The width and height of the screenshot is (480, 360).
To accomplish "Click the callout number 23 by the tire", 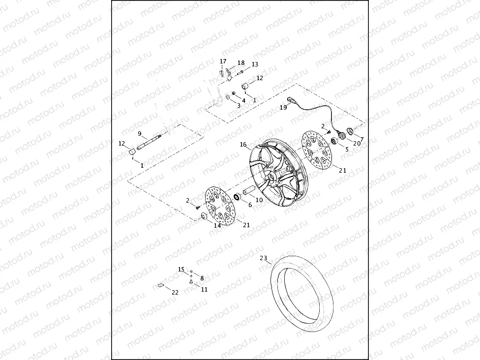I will [263, 258].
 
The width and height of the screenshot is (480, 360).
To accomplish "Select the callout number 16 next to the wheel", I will [243, 145].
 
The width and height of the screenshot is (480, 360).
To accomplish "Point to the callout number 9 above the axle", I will [140, 134].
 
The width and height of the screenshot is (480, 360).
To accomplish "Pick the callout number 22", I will [175, 292].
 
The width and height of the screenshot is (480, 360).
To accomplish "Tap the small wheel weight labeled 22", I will [161, 284].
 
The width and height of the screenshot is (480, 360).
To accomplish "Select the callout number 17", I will [223, 61].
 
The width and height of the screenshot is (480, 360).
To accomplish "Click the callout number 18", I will [241, 63].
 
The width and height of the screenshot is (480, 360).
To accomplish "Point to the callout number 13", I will [255, 64].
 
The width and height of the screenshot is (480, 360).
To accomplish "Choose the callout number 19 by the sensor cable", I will [283, 107].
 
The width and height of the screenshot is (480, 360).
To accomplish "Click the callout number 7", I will [362, 139].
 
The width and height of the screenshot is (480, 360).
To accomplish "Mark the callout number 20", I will [357, 143].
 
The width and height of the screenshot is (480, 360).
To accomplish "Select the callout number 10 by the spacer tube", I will [259, 200].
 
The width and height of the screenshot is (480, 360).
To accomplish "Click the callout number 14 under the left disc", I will [217, 226].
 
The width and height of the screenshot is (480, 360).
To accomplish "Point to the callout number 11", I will [204, 290].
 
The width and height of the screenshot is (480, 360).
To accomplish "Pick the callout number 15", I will [181, 269].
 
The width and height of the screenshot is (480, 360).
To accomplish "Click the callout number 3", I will [239, 105].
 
